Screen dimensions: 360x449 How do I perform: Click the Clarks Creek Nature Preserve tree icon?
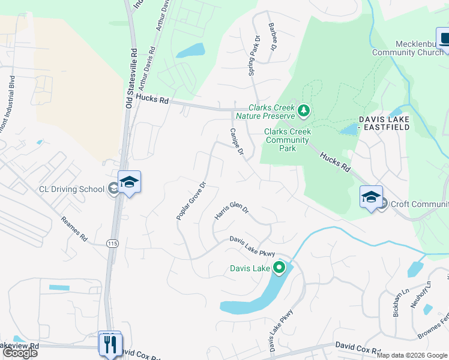pyautogui.click(x=304, y=110)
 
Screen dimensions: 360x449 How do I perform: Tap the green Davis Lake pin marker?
pyautogui.click(x=279, y=268)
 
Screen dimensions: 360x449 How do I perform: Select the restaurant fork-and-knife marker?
pyautogui.click(x=109, y=344)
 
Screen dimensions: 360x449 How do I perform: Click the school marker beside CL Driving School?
pyautogui.click(x=129, y=182)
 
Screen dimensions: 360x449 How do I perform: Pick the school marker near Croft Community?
pyautogui.click(x=371, y=196)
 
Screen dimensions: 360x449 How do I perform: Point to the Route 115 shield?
pyautogui.click(x=111, y=243)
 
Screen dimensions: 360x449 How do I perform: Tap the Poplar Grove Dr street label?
pyautogui.click(x=191, y=200)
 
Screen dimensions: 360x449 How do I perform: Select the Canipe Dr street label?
pyautogui.click(x=237, y=143)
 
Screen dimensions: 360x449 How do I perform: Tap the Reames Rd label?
pyautogui.click(x=74, y=230)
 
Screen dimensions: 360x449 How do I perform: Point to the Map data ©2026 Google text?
pyautogui.click(x=412, y=355)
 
